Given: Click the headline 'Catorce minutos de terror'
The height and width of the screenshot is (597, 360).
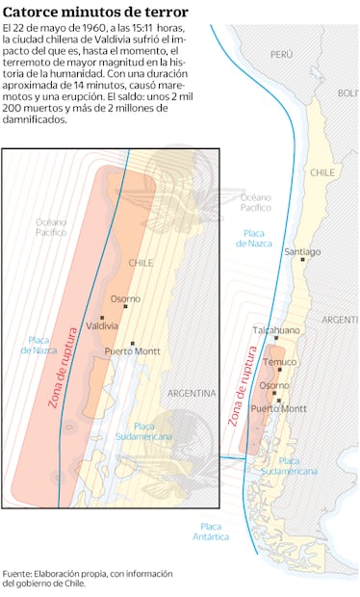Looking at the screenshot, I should click(x=93, y=11).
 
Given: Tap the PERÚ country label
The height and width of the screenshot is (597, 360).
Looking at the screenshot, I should click(x=281, y=55).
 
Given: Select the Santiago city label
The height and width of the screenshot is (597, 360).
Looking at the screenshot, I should click(x=302, y=251).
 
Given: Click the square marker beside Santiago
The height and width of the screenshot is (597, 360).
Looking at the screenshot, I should click(x=302, y=259).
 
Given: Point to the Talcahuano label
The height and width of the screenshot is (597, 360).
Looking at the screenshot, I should click(x=275, y=329).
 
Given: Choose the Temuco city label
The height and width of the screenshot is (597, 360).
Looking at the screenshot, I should click(x=280, y=362).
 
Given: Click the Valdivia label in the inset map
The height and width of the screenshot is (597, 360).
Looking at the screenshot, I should click(x=102, y=326).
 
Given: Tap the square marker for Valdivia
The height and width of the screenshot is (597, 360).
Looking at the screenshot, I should click(x=102, y=317).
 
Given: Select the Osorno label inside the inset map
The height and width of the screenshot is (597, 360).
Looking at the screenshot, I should click(x=125, y=298).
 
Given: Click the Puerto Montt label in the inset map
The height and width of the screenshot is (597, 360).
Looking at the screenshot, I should click(x=133, y=352).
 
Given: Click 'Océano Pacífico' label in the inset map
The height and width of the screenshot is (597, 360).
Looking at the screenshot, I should click(x=51, y=226).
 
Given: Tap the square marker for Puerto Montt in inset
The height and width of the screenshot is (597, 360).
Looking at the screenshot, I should click(x=133, y=343).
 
